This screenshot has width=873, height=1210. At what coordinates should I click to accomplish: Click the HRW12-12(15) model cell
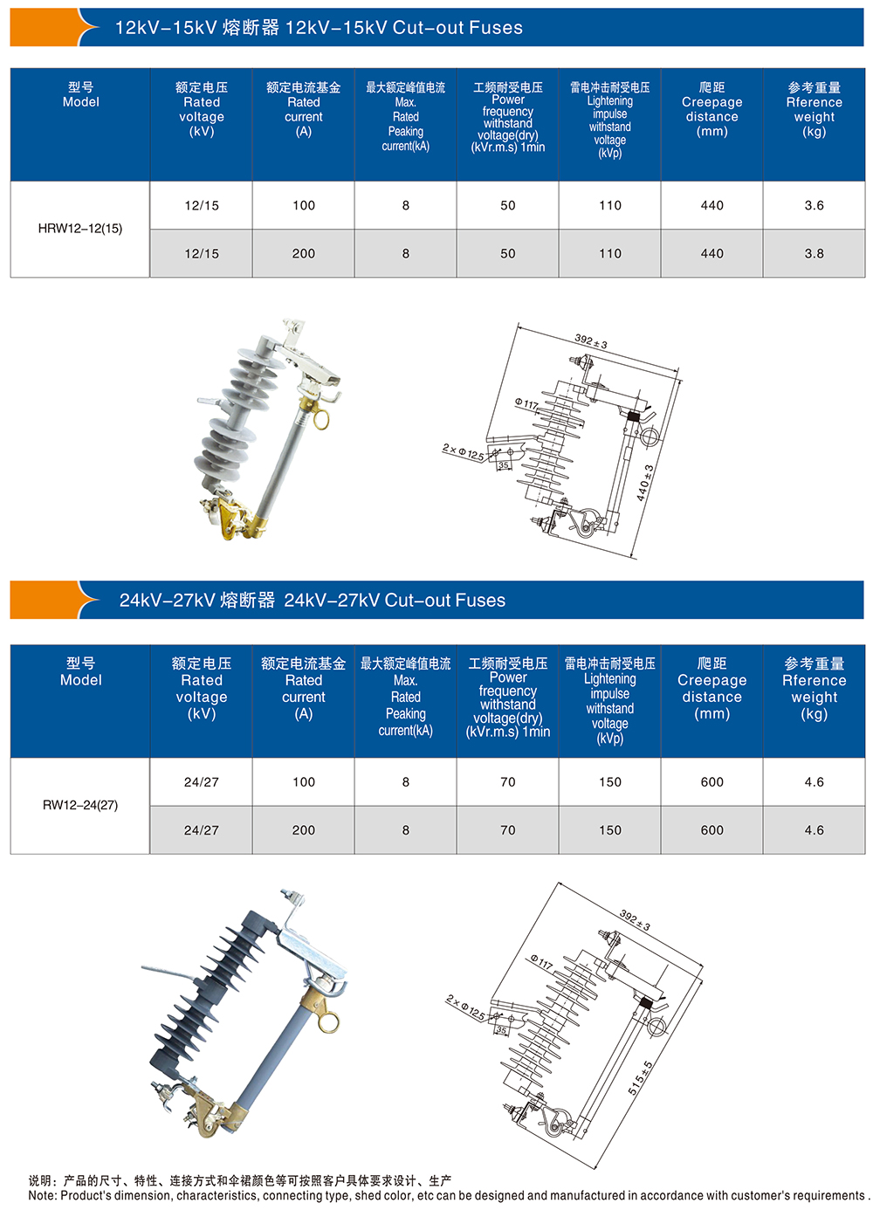[80, 229]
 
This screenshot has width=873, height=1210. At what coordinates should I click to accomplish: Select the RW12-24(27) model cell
[80, 805]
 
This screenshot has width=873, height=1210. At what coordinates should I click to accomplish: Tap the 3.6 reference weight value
[814, 205]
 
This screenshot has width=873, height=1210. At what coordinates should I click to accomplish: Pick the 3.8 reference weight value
[814, 253]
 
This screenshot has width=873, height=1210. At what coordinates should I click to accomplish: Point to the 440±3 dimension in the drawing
[644, 483]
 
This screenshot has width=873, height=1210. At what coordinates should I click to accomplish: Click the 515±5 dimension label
[640, 1078]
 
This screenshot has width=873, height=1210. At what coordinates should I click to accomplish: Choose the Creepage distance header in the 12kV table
[711, 109]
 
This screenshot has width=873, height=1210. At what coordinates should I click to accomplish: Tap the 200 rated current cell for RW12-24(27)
[304, 830]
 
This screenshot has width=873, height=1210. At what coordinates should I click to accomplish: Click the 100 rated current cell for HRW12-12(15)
[304, 205]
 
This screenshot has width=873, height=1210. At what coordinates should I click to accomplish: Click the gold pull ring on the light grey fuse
[320, 420]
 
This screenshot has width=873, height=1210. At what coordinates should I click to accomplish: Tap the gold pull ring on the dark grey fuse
[330, 1020]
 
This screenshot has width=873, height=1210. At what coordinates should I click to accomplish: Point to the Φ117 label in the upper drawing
[526, 404]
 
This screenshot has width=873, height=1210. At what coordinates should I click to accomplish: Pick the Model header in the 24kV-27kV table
[80, 671]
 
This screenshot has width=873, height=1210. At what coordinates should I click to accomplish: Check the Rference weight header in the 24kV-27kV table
[814, 689]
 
